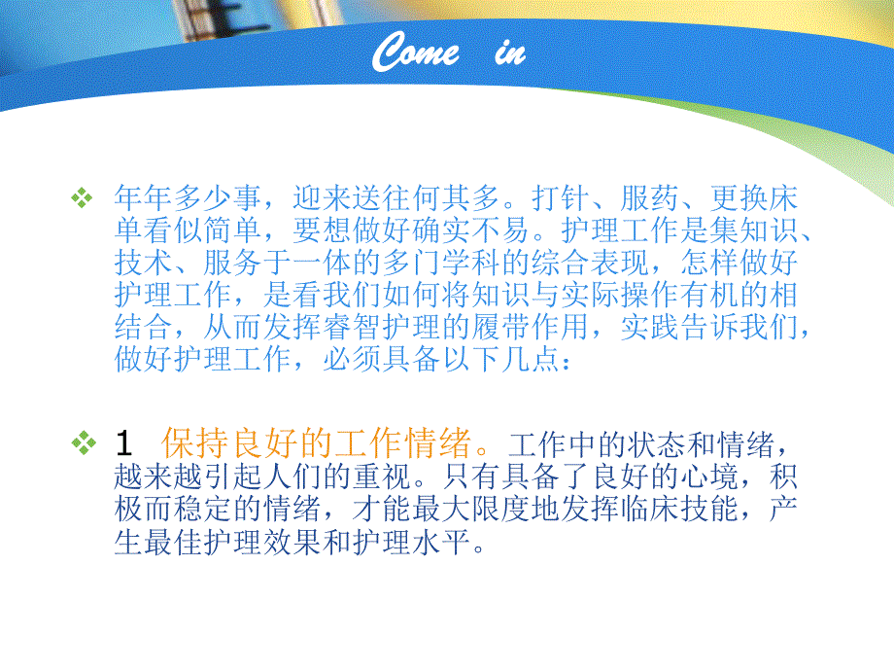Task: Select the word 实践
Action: point(657,329)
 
